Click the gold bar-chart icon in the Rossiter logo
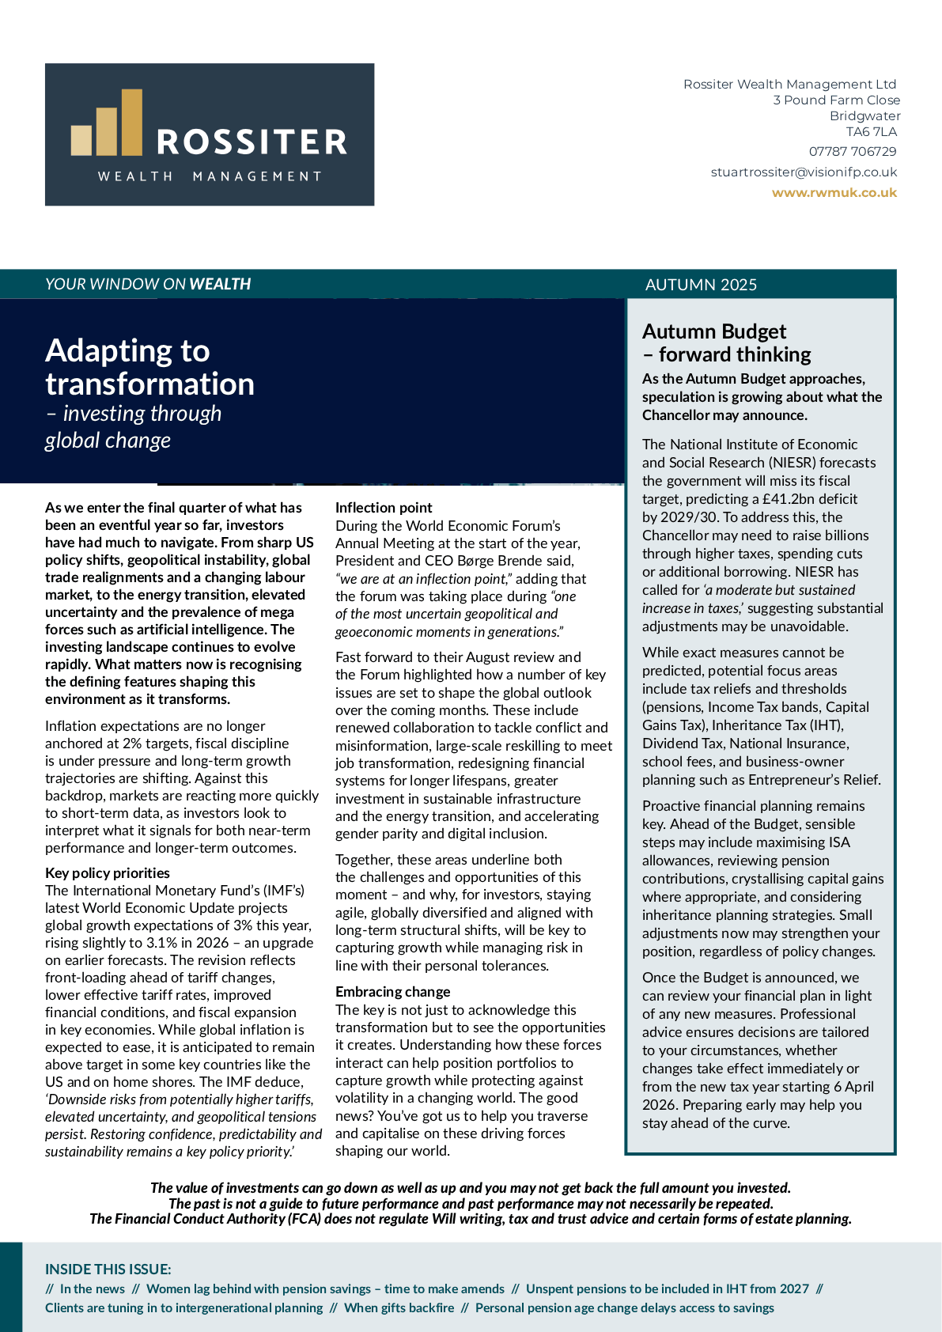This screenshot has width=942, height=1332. click(x=107, y=125)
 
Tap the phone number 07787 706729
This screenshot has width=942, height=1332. click(x=853, y=151)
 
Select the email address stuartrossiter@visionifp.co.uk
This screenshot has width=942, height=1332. click(x=804, y=172)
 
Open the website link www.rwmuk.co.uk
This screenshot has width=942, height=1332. click(x=834, y=192)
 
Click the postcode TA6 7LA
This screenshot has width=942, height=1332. click(x=872, y=131)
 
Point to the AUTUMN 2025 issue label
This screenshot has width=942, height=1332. click(x=701, y=285)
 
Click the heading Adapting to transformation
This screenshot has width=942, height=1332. click(x=149, y=367)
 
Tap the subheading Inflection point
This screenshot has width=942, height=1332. click(x=384, y=508)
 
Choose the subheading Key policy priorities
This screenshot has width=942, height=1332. click(x=108, y=873)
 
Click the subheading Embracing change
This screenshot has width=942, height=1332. click(x=392, y=992)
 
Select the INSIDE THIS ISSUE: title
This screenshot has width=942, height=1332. click(x=108, y=1270)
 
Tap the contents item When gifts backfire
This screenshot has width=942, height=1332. click(x=399, y=1307)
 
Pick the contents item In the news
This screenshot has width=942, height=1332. click(x=93, y=1288)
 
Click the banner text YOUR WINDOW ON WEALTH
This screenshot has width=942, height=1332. click(x=148, y=284)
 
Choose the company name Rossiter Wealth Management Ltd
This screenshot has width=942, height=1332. click(x=789, y=84)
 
